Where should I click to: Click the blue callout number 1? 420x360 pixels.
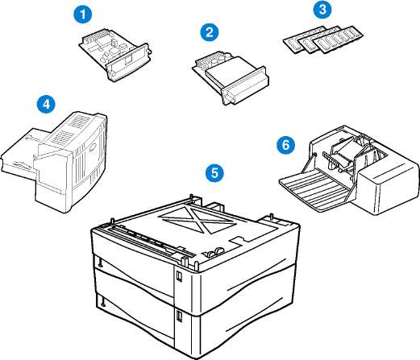83,14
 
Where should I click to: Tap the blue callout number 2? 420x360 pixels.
210,32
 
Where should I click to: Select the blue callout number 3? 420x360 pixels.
322,10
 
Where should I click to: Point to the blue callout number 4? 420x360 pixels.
46,104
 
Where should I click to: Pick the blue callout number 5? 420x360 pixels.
214,173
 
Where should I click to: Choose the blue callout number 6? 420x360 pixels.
285,145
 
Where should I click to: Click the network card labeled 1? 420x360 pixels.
114,54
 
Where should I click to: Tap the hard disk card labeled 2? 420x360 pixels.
231,77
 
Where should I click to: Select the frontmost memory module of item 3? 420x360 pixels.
339,39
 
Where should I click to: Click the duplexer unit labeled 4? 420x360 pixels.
54,161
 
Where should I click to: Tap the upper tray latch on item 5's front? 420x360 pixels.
179,276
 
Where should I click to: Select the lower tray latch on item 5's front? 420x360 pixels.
179,316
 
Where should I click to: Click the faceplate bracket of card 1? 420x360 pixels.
128,62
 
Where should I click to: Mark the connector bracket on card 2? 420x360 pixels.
244,85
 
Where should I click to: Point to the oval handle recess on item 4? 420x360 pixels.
92,147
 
